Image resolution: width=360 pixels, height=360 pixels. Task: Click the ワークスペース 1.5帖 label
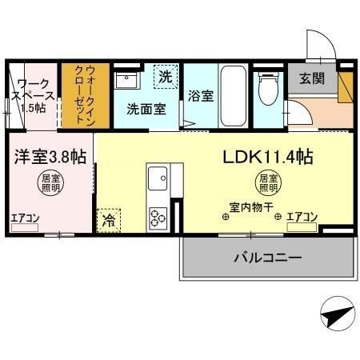32,95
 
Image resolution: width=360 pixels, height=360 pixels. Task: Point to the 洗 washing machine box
164,78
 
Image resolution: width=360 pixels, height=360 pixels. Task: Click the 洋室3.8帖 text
47,157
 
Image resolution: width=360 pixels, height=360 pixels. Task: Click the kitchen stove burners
157,216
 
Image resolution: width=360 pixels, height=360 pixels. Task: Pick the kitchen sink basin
157,176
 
